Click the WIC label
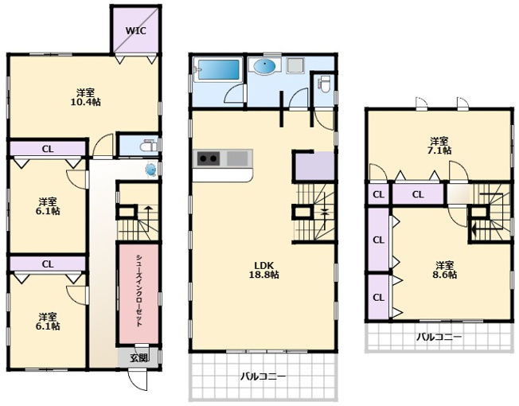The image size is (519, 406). [135, 31]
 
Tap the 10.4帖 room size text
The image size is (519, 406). [86, 102]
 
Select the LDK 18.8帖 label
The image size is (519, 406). [263, 270]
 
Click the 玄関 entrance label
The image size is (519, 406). [139, 357]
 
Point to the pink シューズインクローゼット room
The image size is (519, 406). [139, 294]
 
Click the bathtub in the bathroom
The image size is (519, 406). [218, 69]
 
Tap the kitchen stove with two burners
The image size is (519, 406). [209, 159]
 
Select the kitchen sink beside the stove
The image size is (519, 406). [237, 158]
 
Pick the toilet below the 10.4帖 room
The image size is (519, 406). [149, 146]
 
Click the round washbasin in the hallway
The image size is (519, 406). [151, 170]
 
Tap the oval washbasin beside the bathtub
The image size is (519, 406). [264, 66]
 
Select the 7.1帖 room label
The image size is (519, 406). [439, 146]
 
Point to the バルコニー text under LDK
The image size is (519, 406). [263, 377]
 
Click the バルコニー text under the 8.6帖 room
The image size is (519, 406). [439, 338]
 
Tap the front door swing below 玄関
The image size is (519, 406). [138, 380]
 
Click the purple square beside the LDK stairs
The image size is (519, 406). [314, 166]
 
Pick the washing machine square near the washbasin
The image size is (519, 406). [296, 65]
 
